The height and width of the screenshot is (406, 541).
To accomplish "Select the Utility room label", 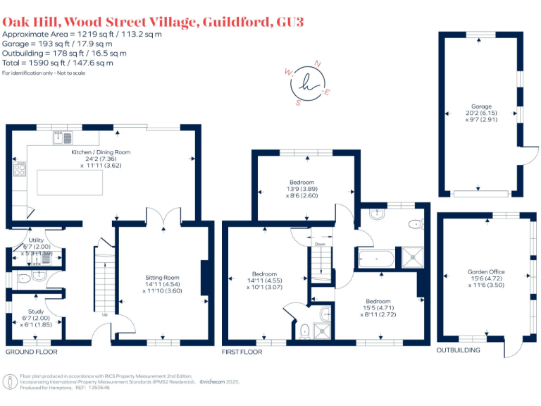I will (x=36, y=240).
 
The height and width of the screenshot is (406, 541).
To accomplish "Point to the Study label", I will (x=35, y=311).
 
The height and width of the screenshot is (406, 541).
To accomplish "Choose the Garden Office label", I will (x=486, y=271).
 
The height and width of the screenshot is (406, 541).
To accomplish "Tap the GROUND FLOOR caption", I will (x=32, y=352).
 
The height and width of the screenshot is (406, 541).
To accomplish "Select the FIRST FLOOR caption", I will (x=242, y=352).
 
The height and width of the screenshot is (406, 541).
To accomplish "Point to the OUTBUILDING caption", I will (x=459, y=350).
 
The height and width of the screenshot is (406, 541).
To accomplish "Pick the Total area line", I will (x=58, y=63).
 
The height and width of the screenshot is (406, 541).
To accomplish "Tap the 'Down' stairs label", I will (x=321, y=244).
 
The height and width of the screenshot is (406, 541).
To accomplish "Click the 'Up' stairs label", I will (x=105, y=315).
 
